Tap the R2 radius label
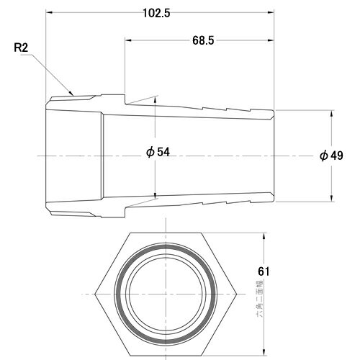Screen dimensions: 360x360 click(x=22, y=49)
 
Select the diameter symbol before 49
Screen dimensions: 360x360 click(x=325, y=155)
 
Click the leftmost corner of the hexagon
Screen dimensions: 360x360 click(x=96, y=295)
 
